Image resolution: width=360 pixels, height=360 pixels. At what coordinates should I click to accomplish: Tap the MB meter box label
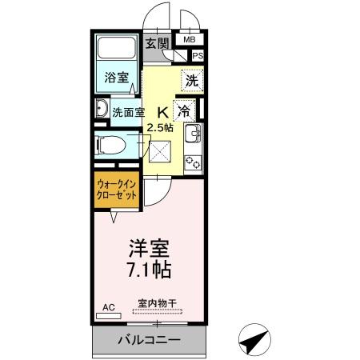point(190,38)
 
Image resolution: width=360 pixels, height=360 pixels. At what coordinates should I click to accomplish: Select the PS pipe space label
point(198,56)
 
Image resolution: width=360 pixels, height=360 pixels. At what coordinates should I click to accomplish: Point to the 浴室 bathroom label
point(116,78)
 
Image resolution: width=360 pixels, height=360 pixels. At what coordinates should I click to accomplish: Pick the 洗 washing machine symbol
point(190,79)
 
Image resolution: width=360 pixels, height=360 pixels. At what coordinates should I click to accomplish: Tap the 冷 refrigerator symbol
point(185,110)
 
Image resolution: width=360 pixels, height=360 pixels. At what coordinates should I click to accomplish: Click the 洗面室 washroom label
point(127,111)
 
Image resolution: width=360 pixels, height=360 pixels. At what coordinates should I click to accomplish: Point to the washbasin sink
point(102,110)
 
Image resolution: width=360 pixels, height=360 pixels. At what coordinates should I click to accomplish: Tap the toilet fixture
point(109,145)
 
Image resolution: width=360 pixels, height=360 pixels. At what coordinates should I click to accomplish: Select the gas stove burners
point(193,162)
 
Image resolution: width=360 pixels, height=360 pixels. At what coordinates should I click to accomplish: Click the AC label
point(108,306)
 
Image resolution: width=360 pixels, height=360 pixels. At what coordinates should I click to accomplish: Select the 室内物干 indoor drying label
point(155,302)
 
